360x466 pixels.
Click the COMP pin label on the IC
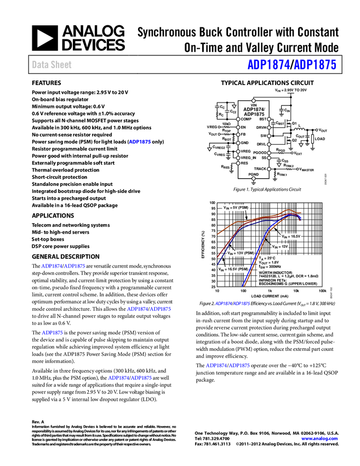(x=246, y=119)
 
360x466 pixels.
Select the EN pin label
(x=243, y=127)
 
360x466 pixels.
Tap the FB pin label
(x=243, y=134)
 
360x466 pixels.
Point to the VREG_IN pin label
(x=248, y=157)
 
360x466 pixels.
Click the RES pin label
(x=244, y=163)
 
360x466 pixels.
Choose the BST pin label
(x=262, y=119)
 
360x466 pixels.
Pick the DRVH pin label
(x=261, y=127)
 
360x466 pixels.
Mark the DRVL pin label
(x=261, y=144)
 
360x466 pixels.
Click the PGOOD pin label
(x=260, y=152)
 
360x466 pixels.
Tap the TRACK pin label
(x=260, y=169)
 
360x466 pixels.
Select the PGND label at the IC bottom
(x=253, y=174)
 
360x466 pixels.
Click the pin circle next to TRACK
(x=269, y=169)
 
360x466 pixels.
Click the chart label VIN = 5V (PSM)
(x=236, y=208)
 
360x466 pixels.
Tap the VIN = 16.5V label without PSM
(x=291, y=236)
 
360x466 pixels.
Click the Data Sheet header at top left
(x=52, y=65)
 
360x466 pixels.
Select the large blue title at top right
(x=292, y=65)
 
